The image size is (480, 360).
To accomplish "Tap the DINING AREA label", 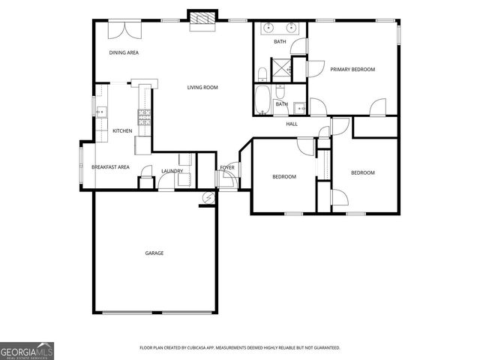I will [x=124, y=52].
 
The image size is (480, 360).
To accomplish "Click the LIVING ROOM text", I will [x=202, y=88].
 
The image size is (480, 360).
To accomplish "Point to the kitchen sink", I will [x=103, y=112].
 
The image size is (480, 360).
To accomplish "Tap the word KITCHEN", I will [x=122, y=131].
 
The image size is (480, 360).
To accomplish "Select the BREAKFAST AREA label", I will [x=110, y=166].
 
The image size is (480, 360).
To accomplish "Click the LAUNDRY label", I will [x=172, y=171].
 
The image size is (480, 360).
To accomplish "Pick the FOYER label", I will [x=227, y=166].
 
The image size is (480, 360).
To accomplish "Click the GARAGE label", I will [x=154, y=253].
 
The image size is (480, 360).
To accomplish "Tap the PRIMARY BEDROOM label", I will [x=352, y=69].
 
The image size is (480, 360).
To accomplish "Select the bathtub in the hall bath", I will [x=263, y=99].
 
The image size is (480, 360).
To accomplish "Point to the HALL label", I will [x=292, y=124].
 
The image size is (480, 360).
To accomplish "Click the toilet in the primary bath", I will [x=262, y=73].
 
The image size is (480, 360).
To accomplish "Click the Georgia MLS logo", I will [x=27, y=350].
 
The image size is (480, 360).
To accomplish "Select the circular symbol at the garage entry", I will [x=208, y=197].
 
